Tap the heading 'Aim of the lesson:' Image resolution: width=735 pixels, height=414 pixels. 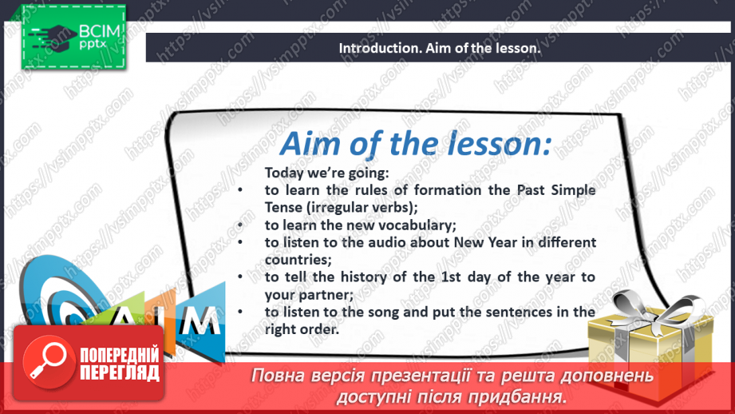pyautogui.click(x=414, y=144)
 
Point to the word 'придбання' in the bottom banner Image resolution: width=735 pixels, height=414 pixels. pyautogui.click(x=521, y=396)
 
